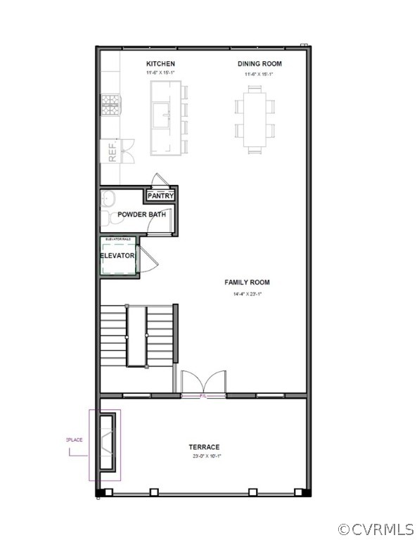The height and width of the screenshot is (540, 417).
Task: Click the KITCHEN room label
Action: [x=160, y=64]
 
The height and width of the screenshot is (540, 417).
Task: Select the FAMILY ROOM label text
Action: [x=247, y=283]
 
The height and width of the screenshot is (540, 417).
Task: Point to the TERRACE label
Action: [x=204, y=446]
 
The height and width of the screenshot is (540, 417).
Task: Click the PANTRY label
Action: [x=160, y=195]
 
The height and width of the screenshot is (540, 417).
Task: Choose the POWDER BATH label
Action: [x=141, y=214]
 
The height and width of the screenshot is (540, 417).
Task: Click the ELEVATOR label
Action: [x=117, y=256]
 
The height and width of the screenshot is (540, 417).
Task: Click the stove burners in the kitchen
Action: [x=109, y=105]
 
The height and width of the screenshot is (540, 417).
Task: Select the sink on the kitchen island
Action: [x=162, y=112]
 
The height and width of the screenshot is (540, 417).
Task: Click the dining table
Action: [x=255, y=117]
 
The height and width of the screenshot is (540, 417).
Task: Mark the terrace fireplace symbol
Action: [x=105, y=444]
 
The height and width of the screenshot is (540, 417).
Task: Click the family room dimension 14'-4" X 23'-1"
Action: [x=247, y=293]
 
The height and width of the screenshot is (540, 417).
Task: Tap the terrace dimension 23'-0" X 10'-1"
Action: [x=204, y=456]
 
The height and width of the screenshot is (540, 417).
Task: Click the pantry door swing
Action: [x=158, y=179]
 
